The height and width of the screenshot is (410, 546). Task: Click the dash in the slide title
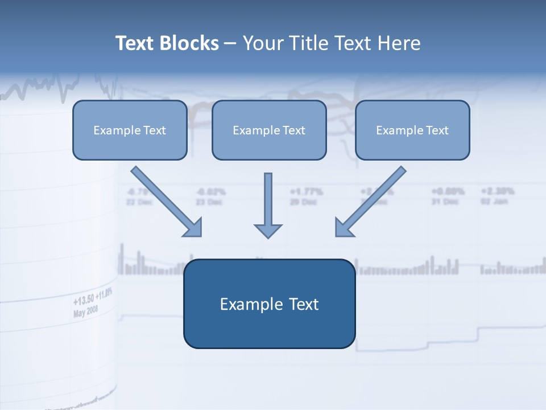click(230, 44)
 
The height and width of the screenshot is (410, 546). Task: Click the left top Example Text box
click(130, 130)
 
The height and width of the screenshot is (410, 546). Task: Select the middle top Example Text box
click(269, 130)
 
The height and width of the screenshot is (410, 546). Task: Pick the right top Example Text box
click(412, 130)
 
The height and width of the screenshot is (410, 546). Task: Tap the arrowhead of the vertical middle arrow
click(268, 230)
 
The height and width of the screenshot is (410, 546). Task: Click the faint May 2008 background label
click(86, 310)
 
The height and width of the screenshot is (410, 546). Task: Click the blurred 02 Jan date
click(494, 202)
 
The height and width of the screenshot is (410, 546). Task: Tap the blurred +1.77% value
click(307, 191)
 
